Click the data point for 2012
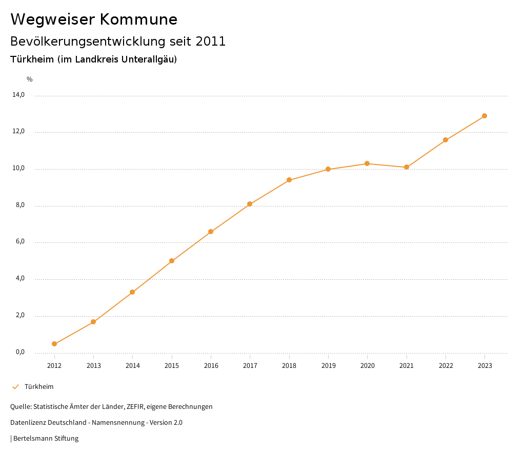[x=54, y=344]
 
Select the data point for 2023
[x=484, y=116]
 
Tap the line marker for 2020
[x=367, y=163]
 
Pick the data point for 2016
[x=211, y=232]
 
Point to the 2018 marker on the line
[x=289, y=180]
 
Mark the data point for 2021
[x=407, y=167]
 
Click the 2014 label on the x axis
[x=133, y=366]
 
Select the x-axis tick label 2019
[x=328, y=366]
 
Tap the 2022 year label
[x=446, y=366]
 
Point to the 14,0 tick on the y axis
[x=18, y=95]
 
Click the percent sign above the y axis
[x=30, y=79]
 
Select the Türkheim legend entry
[x=39, y=387]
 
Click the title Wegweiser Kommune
[x=94, y=19]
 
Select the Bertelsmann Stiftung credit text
[x=46, y=439]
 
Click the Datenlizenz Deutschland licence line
[x=96, y=423]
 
